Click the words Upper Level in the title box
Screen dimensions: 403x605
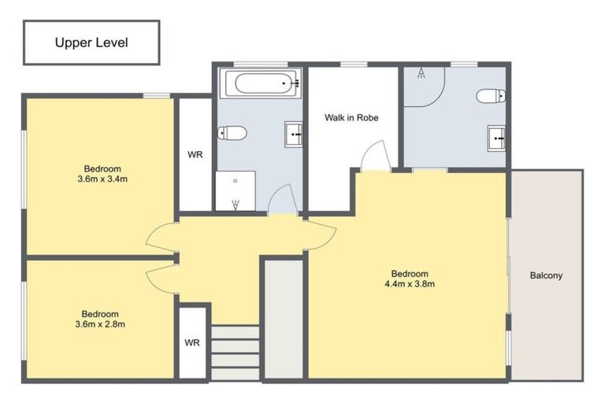(x=91, y=43)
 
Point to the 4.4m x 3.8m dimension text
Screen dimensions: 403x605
(x=409, y=284)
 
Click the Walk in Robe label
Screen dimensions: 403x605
(x=351, y=118)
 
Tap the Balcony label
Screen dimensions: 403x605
(x=546, y=275)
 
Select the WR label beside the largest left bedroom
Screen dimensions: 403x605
(x=195, y=155)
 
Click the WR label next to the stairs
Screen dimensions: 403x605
(x=191, y=343)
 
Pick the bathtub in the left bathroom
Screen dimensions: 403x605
(x=260, y=83)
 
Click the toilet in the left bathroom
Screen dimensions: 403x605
(x=233, y=133)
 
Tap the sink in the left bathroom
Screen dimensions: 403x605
(x=293, y=135)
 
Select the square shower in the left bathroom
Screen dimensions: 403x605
(x=236, y=191)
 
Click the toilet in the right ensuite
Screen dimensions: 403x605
(x=489, y=96)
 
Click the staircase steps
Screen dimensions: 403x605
(x=236, y=353)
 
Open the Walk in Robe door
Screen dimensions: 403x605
(x=375, y=156)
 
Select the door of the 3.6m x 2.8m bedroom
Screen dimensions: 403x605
(x=160, y=275)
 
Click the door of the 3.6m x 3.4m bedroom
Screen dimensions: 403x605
(x=160, y=236)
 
